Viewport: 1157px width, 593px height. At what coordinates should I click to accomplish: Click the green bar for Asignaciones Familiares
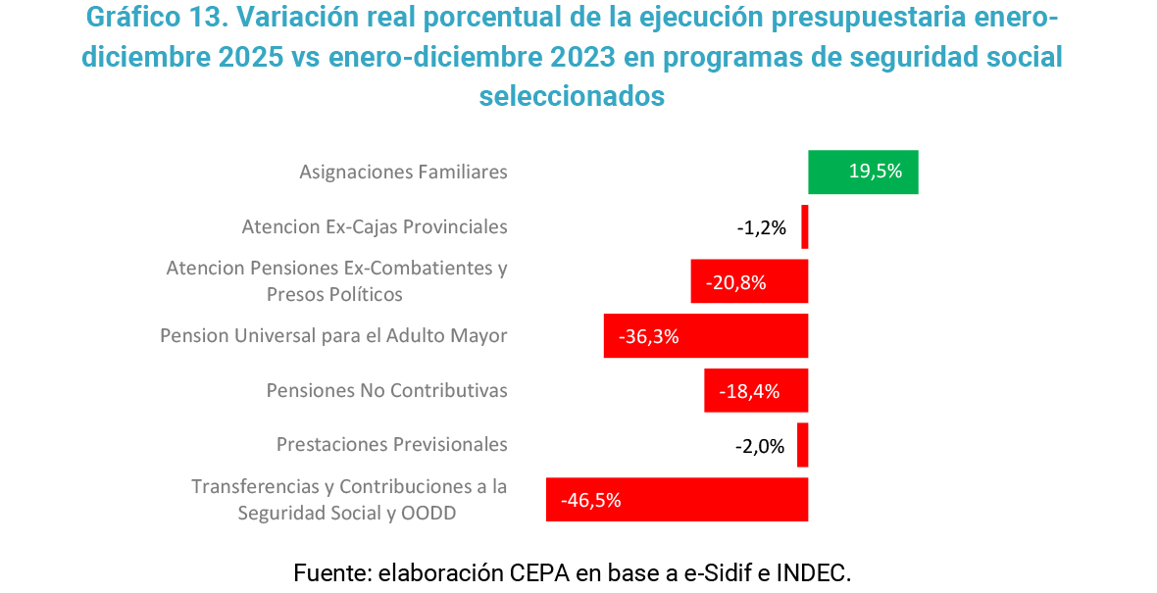(x=863, y=173)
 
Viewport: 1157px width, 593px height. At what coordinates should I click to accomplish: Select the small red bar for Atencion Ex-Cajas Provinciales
(x=805, y=226)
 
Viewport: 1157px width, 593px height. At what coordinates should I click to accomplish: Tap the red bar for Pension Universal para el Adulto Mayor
(x=706, y=336)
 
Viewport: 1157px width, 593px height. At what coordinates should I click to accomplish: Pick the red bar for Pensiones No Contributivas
(x=756, y=391)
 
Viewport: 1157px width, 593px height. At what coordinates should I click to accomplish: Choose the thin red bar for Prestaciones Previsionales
(x=803, y=445)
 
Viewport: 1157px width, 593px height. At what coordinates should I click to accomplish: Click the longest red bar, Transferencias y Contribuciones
(x=677, y=500)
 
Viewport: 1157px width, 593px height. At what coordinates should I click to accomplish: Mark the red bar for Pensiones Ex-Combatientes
(x=749, y=281)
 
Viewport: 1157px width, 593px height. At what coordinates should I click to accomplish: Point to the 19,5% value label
(x=876, y=172)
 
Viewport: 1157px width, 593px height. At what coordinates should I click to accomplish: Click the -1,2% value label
(x=762, y=227)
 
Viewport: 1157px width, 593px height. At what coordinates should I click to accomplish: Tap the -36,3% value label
(x=649, y=337)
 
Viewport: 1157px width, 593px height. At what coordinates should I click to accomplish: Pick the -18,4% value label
(x=750, y=392)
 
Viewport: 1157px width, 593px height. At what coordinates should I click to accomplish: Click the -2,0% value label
(x=760, y=447)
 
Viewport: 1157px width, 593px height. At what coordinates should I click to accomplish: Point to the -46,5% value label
(x=591, y=501)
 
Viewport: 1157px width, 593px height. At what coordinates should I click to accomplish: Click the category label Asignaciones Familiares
(x=403, y=173)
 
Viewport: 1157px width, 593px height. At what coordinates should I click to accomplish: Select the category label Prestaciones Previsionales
(x=392, y=445)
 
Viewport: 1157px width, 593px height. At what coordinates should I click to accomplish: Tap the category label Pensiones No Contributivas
(x=387, y=391)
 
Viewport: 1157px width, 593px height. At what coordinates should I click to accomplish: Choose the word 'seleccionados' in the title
(x=572, y=96)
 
